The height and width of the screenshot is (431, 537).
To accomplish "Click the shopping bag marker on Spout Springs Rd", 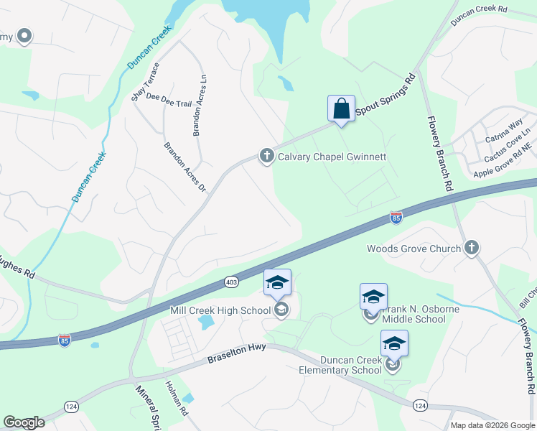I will [341, 108].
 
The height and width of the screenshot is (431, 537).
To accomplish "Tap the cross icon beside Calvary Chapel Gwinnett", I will [266, 156].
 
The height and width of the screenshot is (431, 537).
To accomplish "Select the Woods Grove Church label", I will [414, 249].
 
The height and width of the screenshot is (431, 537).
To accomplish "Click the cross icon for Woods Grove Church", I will [471, 249].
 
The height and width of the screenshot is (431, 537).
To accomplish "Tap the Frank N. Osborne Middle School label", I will [414, 314].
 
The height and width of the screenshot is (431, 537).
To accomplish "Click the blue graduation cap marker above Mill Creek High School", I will [278, 282].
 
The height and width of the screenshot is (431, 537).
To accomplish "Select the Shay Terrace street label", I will [145, 82].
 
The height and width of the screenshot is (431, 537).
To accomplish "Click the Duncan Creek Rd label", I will [479, 17].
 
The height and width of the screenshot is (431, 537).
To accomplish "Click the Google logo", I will [24, 422].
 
